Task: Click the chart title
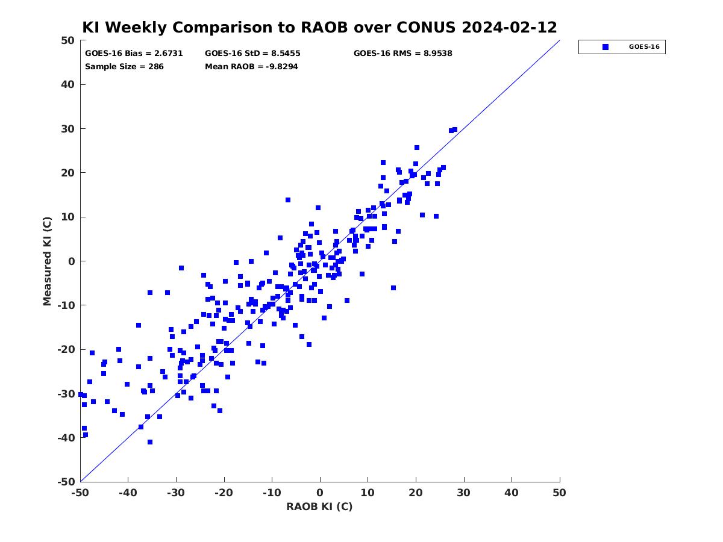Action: click(x=319, y=27)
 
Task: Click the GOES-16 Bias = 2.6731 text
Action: click(x=134, y=54)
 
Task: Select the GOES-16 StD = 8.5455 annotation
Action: click(x=252, y=54)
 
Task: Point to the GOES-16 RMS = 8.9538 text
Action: click(x=402, y=54)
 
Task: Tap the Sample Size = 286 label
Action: click(x=124, y=67)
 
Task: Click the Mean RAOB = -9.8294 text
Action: click(x=251, y=67)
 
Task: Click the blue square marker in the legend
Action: click(x=606, y=47)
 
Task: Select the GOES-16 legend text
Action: click(x=644, y=47)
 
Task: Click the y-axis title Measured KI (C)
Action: click(x=47, y=261)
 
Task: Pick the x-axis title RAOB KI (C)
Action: click(x=319, y=506)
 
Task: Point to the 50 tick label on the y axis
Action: click(x=68, y=40)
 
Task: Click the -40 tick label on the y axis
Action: click(x=66, y=438)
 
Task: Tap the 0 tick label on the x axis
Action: click(x=320, y=493)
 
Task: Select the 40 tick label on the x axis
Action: click(x=512, y=493)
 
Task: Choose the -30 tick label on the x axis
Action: click(x=176, y=493)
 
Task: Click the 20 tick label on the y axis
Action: click(x=68, y=173)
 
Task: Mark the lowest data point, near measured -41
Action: click(x=150, y=442)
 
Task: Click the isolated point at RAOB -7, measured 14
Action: click(x=288, y=200)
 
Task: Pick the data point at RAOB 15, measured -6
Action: click(x=393, y=288)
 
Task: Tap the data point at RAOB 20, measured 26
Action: click(x=417, y=148)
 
